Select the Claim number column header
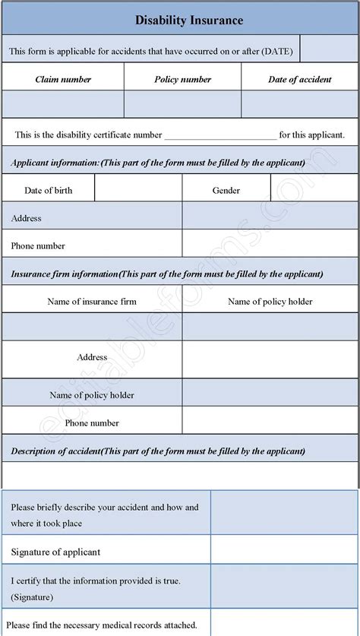click(x=63, y=79)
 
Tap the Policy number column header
click(x=182, y=79)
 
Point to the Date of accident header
click(x=299, y=79)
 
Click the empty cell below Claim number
click(x=63, y=104)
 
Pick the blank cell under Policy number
click(x=182, y=104)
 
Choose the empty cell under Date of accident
click(x=299, y=104)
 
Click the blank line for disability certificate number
click(x=220, y=136)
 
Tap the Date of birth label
click(x=49, y=190)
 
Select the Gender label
click(x=226, y=190)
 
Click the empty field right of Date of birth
click(x=138, y=190)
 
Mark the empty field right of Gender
click(x=314, y=190)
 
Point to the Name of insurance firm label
click(x=92, y=302)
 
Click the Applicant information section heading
click(x=158, y=163)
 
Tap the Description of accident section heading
click(x=158, y=451)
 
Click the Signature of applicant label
click(x=56, y=552)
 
